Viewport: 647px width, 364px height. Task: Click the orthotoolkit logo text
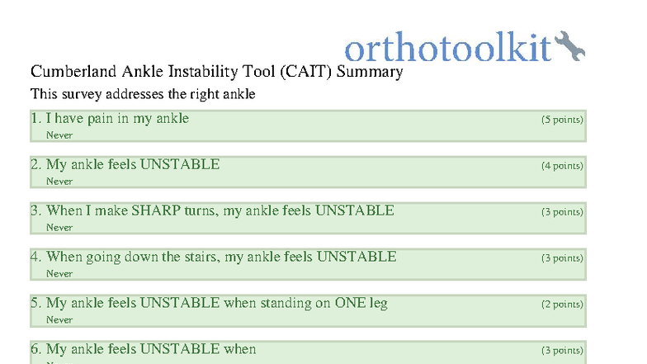(x=446, y=49)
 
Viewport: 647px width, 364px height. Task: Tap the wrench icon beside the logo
(x=569, y=46)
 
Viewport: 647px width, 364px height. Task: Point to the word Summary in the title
(x=370, y=72)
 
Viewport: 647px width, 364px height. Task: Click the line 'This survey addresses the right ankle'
(x=143, y=94)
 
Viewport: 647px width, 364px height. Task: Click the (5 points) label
(x=562, y=120)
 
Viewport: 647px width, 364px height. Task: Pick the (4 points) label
(x=562, y=166)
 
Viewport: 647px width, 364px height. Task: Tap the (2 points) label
(x=562, y=305)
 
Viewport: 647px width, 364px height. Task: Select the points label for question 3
(x=562, y=212)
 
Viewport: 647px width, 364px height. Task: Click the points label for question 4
(x=562, y=258)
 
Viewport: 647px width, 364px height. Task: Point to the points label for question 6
(x=562, y=351)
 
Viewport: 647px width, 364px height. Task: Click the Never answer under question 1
(x=59, y=135)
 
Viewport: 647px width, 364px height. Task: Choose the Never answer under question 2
(x=59, y=182)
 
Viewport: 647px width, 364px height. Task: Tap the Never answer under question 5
(x=59, y=320)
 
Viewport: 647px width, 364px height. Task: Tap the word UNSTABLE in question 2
(x=180, y=164)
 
